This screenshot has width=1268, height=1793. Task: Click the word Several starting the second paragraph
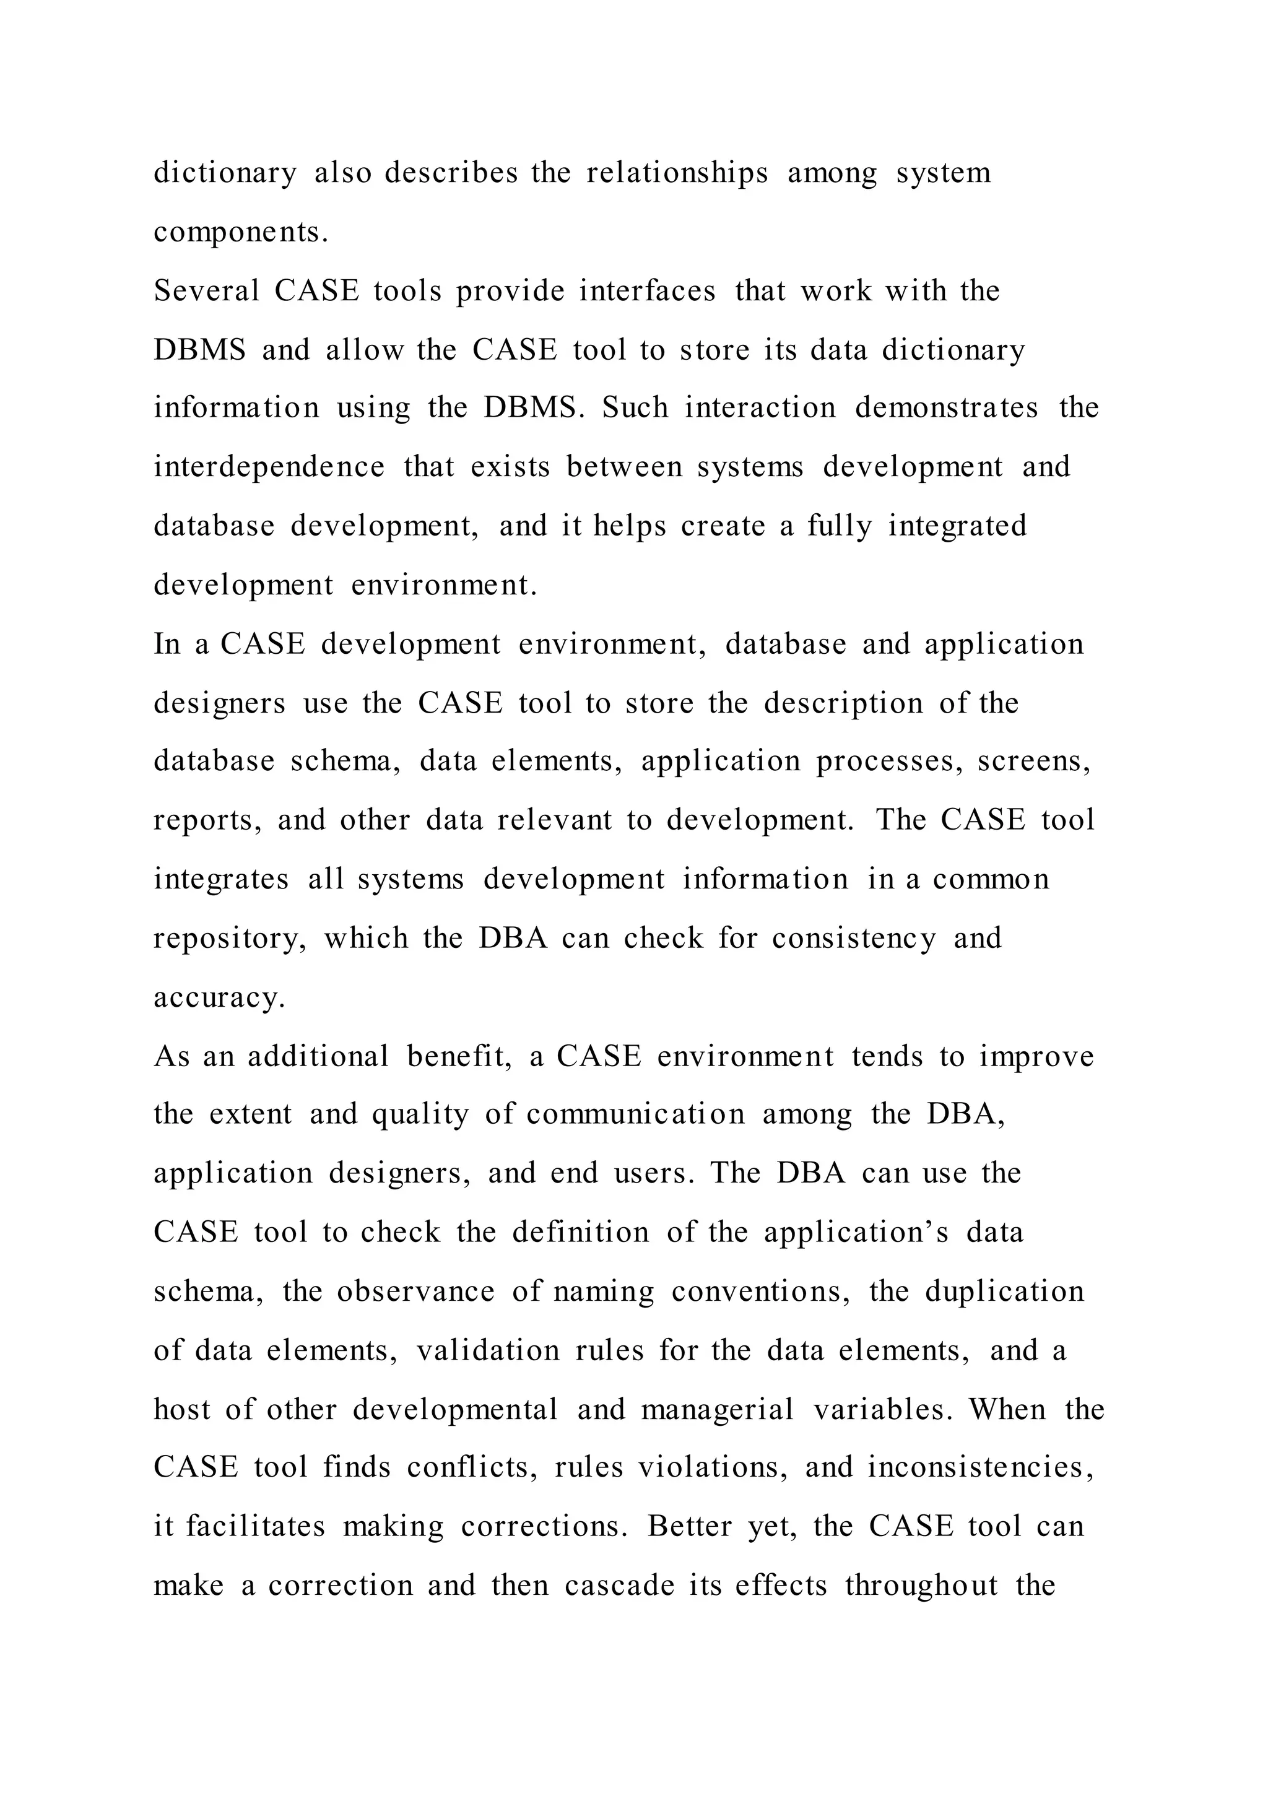[x=206, y=290]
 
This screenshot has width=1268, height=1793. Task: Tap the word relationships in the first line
[x=677, y=173]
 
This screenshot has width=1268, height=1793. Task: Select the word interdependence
[x=269, y=466]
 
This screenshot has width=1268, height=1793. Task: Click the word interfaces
[x=647, y=290]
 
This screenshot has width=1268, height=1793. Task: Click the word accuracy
[x=219, y=997]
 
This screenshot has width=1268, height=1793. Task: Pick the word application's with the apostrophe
[x=856, y=1232]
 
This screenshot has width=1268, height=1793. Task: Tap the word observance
[x=415, y=1291]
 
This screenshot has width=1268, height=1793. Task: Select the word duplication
[x=1005, y=1291]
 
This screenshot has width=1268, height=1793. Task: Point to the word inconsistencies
[x=980, y=1467]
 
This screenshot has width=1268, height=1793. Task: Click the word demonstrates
[x=946, y=407]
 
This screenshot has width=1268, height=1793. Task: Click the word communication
[x=636, y=1114]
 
